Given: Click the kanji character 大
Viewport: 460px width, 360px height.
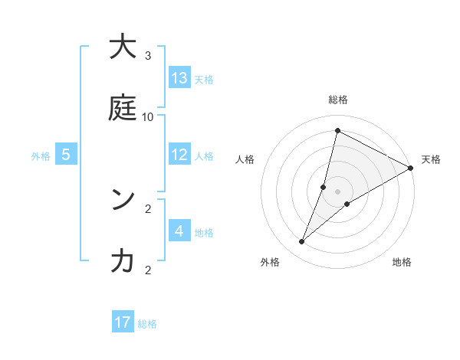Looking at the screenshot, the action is tap(123, 47).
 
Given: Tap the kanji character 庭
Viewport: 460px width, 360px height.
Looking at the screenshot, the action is tap(123, 108).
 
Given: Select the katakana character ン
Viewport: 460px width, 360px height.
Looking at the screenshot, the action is tap(123, 200).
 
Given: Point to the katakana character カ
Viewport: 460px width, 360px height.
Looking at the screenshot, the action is tap(123, 261).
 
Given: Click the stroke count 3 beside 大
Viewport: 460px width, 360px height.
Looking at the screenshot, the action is tap(148, 55).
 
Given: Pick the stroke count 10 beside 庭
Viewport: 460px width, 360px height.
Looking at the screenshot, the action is tap(148, 116).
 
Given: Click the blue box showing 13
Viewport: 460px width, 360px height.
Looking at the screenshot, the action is tap(179, 78).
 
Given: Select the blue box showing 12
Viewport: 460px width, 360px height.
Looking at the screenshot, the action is tap(179, 155).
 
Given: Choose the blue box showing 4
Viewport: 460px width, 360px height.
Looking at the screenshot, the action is tap(179, 231).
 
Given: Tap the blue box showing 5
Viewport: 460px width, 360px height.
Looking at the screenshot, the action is tap(66, 155).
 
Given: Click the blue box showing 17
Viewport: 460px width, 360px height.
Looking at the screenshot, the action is tap(123, 322).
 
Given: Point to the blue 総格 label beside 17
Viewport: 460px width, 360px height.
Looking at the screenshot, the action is tap(147, 324).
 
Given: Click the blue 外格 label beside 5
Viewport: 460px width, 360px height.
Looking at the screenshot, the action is tap(41, 156).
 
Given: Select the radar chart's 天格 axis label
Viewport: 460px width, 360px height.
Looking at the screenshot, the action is tap(431, 159).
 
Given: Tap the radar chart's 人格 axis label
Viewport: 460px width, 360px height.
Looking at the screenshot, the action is tap(245, 159).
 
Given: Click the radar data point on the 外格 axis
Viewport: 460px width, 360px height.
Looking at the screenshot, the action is tap(302, 242).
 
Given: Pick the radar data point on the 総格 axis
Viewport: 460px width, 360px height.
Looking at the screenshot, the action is tap(337, 130).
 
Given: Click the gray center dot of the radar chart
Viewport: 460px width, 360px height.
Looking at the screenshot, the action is tap(337, 191).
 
